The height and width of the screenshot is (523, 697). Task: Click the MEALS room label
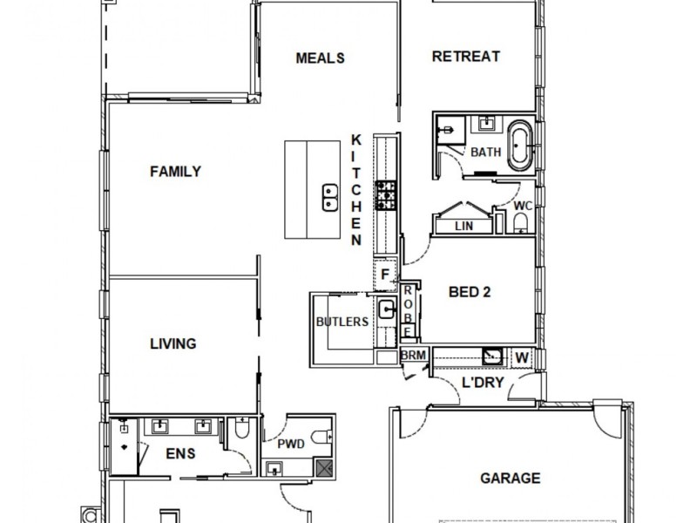pos(320,58)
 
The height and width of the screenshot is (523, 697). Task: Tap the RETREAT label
pos(466,57)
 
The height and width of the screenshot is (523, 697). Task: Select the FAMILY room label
pos(175,172)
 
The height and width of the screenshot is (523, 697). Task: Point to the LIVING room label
pos(173,343)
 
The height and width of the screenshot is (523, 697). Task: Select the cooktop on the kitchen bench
pos(385,195)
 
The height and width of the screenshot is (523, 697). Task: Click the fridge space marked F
pos(384,275)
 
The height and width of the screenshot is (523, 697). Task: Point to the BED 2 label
pos(469,293)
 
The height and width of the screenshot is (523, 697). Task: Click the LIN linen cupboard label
pos(464,227)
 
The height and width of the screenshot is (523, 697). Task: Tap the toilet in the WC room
pos(520,225)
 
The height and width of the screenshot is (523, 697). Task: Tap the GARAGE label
pos(510,478)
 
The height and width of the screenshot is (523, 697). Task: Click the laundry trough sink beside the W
pos(492,355)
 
